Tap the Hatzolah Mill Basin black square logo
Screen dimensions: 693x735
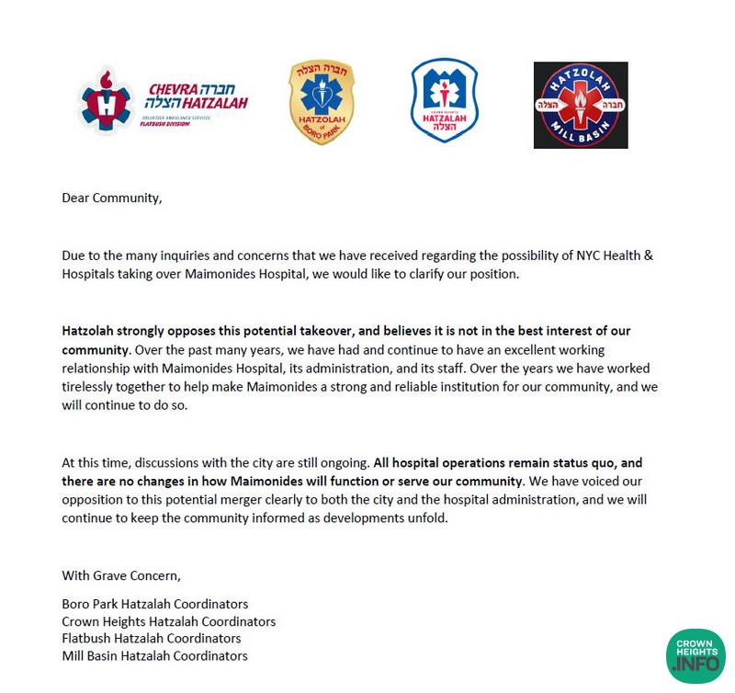pyautogui.click(x=581, y=105)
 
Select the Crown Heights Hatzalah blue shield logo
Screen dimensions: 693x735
pyautogui.click(x=444, y=101)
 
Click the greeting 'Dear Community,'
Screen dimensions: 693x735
pyautogui.click(x=111, y=197)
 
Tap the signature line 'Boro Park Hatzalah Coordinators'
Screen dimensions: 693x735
pyautogui.click(x=155, y=604)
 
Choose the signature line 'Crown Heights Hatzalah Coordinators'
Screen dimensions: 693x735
pyautogui.click(x=168, y=621)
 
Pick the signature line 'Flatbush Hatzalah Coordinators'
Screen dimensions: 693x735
pyautogui.click(x=152, y=638)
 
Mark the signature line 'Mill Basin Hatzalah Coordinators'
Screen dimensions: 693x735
pyautogui.click(x=154, y=655)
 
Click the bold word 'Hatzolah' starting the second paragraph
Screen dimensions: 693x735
pyautogui.click(x=90, y=331)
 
